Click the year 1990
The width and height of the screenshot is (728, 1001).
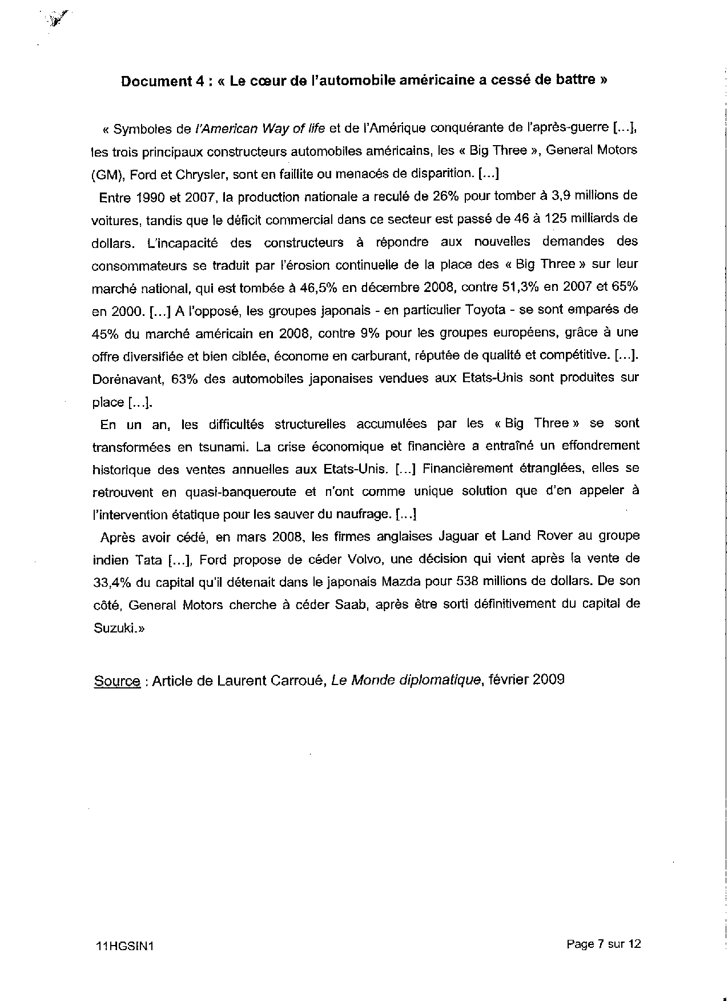point(150,198)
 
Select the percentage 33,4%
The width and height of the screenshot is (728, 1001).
point(112,582)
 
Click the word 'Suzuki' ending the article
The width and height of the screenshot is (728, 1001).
point(113,628)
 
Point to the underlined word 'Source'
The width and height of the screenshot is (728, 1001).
point(117,680)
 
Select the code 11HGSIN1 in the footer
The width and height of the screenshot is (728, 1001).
point(126,946)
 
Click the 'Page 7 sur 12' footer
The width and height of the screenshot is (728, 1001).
point(604,944)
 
